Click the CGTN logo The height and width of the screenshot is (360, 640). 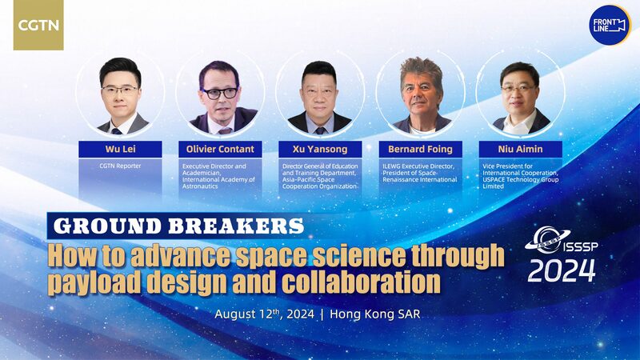click(38, 26)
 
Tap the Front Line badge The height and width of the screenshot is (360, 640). click(608, 25)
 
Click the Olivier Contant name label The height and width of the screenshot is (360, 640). click(219, 148)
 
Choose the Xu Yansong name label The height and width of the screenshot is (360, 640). click(319, 148)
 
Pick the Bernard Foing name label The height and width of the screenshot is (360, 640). click(421, 148)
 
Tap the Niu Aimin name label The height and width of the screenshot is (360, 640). click(521, 148)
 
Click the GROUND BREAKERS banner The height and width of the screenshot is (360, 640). click(177, 225)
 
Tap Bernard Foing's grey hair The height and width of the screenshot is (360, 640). click(420, 69)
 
